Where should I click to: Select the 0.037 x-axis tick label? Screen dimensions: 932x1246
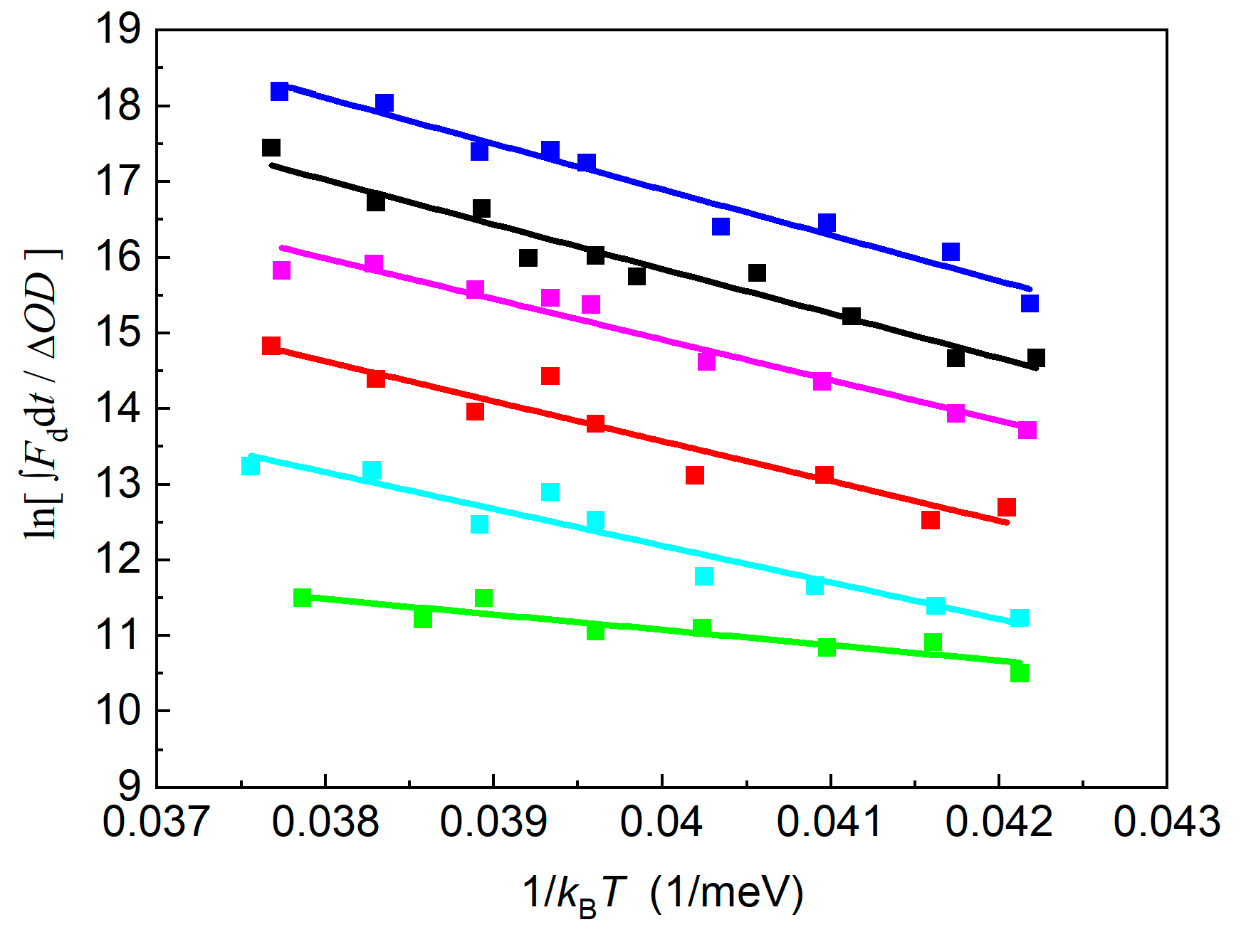click(x=156, y=822)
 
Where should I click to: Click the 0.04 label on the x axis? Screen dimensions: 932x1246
click(x=661, y=822)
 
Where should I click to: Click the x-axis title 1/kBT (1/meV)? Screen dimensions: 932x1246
click(x=663, y=893)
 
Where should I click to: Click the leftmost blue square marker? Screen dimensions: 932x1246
click(x=280, y=91)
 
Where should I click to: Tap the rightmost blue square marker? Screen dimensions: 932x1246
click(x=1030, y=303)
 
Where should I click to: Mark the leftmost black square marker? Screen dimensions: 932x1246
click(x=271, y=147)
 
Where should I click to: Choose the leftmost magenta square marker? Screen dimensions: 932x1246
click(x=281, y=270)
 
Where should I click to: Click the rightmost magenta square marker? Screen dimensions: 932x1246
click(x=1027, y=430)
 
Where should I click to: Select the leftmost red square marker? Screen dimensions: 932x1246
click(x=271, y=346)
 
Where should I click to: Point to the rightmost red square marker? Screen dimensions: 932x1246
click(x=1007, y=507)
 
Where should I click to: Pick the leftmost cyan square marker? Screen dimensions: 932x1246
click(x=251, y=466)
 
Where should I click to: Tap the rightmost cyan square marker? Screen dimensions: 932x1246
click(x=1020, y=617)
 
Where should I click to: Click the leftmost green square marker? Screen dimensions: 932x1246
click(x=303, y=597)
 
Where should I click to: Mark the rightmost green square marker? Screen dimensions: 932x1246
click(x=1020, y=672)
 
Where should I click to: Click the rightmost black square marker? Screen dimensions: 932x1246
click(x=1036, y=357)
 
